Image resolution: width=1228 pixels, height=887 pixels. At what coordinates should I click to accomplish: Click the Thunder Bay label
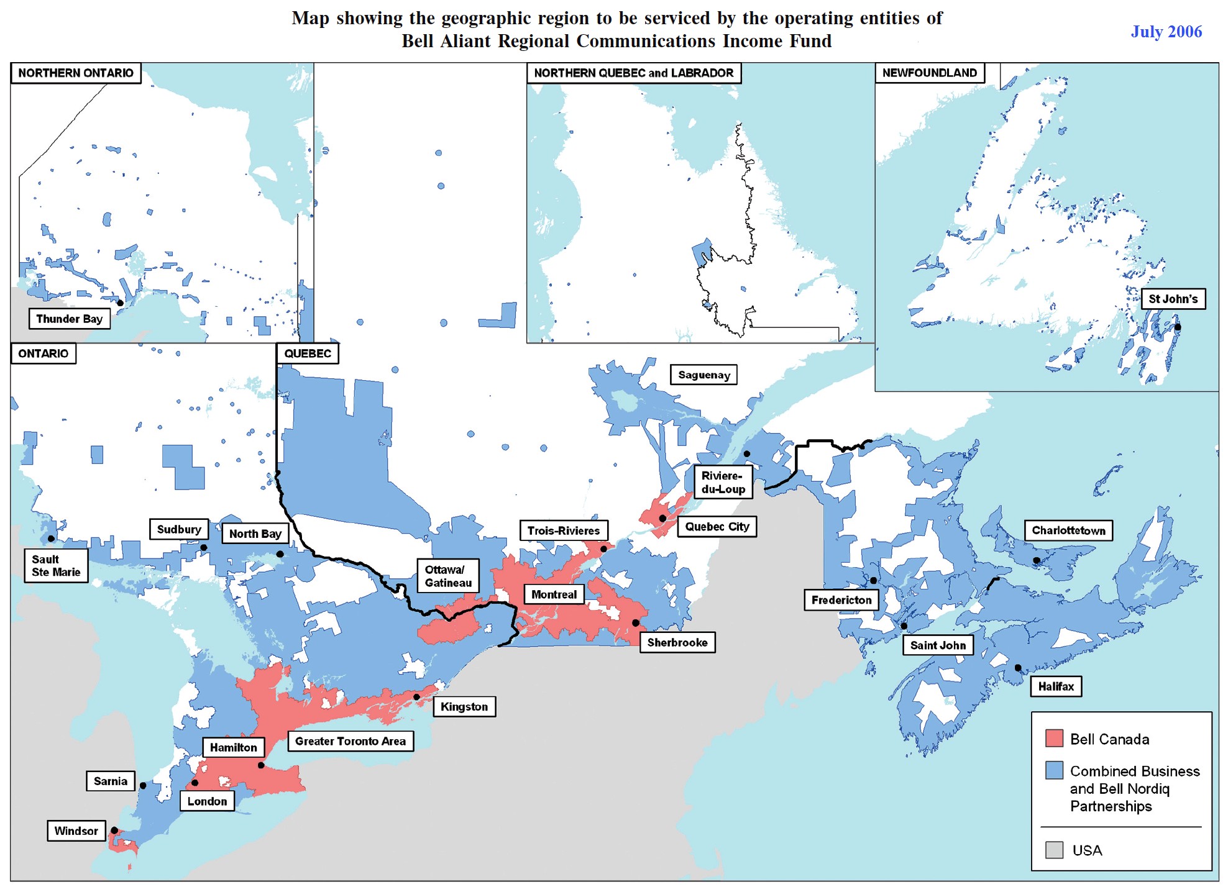69,319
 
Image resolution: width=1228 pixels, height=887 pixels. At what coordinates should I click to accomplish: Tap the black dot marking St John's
1177,327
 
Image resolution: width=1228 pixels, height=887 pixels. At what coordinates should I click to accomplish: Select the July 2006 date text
1166,32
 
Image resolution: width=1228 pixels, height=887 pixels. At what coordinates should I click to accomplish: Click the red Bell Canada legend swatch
1054,739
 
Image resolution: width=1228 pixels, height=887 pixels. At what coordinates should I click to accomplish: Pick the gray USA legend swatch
1054,850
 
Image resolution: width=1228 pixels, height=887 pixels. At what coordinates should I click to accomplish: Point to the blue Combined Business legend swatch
1054,770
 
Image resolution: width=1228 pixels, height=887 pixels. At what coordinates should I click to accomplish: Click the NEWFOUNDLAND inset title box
929,73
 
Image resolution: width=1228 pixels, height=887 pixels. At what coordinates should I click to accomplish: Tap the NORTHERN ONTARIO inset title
76,73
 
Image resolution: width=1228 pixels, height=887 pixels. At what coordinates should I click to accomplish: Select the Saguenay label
703,375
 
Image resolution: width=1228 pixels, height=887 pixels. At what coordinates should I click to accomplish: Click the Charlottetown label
1068,530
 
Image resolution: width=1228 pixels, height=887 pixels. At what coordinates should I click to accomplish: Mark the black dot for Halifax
1018,668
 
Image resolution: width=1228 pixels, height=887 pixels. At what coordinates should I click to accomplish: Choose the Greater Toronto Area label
350,740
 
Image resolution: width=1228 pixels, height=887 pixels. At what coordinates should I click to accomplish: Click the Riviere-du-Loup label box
723,482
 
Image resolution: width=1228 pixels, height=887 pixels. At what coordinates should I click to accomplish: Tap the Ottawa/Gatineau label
447,576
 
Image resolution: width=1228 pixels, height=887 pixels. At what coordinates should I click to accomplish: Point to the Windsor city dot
114,830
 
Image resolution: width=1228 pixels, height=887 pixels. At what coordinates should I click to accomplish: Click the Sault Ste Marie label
56,565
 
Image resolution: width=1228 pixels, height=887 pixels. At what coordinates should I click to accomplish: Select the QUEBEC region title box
307,353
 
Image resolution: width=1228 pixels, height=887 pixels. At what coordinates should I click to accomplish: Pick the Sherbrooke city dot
636,622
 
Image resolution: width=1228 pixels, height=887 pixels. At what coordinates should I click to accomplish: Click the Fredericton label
841,599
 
